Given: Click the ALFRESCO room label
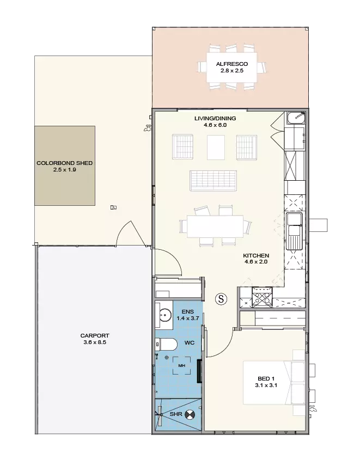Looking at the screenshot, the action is (231, 64).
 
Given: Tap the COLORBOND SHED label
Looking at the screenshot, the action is (64, 163).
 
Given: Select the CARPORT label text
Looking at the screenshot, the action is (95, 336).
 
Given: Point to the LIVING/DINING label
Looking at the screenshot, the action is (215, 118).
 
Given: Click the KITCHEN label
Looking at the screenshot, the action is (256, 255).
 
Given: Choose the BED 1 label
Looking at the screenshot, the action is (266, 379).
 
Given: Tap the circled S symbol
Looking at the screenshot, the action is (221, 299).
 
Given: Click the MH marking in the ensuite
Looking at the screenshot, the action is (182, 366).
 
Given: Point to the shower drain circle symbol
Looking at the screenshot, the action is (190, 414).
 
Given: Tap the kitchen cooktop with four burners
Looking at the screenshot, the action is (262, 297).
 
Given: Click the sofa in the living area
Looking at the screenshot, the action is (213, 181).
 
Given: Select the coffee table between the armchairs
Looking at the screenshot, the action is (216, 148).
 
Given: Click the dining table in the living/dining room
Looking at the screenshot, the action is (215, 226).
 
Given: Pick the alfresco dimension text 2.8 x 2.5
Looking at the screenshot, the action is (231, 71).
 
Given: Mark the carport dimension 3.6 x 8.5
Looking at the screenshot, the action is (95, 342).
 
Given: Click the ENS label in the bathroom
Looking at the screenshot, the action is (188, 312).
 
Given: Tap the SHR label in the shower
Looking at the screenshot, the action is (176, 414).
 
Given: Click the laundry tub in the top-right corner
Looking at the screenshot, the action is (296, 118).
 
